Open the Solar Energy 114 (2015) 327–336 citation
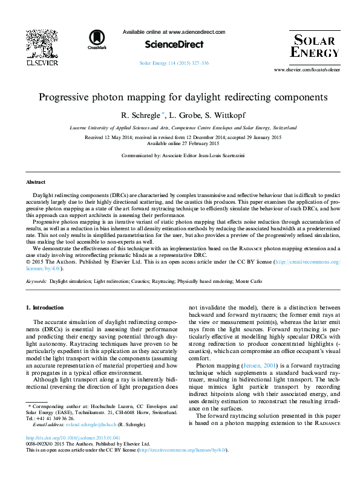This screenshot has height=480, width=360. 174,63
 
